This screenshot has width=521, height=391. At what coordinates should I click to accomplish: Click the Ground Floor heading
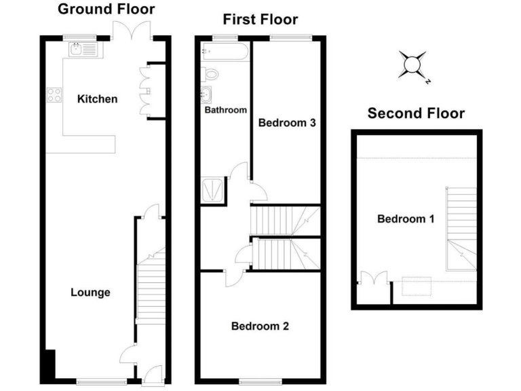pos(105,9)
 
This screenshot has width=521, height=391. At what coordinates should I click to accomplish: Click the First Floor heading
pos(260,19)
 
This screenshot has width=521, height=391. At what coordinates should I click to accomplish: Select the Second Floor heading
pos(416,113)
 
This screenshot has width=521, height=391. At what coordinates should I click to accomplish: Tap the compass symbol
pos(413,64)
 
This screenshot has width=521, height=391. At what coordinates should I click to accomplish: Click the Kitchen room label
pos(97,99)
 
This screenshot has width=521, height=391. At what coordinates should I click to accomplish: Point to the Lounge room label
pos(90,293)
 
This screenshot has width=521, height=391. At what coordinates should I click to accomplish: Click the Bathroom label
pos(225,109)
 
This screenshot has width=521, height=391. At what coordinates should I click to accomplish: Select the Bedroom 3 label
pos(287,123)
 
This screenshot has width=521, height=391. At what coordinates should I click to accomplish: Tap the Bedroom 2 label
pos(260,326)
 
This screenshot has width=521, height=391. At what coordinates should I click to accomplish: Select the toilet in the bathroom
pos(210,73)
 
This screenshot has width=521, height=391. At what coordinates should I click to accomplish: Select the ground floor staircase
pos(151,285)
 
